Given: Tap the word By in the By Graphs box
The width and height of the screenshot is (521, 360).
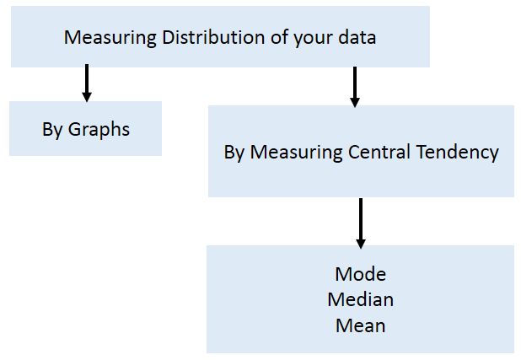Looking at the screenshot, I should tap(52, 131).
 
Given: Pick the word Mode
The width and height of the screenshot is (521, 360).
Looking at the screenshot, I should tap(360, 274).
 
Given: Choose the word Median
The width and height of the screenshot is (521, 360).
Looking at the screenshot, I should tap(360, 299).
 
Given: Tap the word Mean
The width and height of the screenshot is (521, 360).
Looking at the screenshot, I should tap(360, 325).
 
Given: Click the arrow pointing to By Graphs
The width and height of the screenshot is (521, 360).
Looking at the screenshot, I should tap(86, 84).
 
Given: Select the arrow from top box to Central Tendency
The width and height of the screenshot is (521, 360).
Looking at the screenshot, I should tap(355, 87).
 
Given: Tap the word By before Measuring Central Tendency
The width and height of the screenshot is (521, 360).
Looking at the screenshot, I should tap(234, 153).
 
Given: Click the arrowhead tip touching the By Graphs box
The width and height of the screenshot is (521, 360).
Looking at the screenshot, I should tap(86, 99).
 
